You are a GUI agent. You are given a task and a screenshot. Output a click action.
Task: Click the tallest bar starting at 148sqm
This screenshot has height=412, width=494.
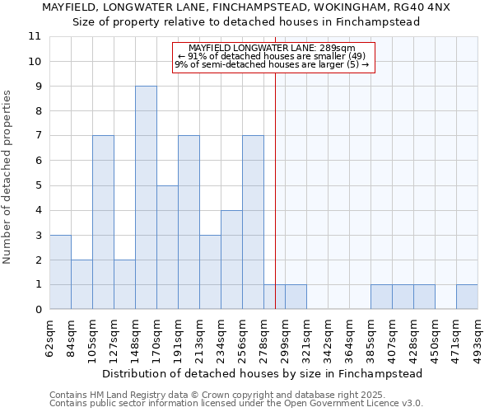146,198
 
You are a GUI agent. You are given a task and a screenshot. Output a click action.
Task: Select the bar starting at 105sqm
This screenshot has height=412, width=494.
103,222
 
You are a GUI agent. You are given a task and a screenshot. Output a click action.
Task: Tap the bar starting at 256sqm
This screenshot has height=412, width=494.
253,222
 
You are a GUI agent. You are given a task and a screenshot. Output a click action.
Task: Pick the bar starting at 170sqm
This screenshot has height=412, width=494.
167,247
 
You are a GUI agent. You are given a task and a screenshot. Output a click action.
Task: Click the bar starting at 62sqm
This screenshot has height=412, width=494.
60,272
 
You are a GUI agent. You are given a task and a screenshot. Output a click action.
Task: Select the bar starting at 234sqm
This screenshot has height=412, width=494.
231,260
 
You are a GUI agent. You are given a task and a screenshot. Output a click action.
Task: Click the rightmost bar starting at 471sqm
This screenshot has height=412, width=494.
467,297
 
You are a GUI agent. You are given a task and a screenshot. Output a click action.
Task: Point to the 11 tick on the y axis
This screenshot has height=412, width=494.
35,36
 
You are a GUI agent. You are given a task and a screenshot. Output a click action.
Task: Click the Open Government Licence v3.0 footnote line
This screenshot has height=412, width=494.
236,403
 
